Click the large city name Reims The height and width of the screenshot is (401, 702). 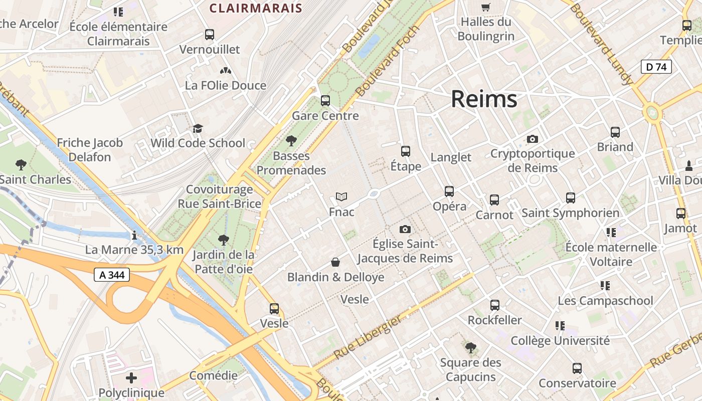(x=484, y=99)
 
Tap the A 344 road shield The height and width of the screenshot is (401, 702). (x=112, y=275)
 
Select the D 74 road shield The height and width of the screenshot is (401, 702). (x=656, y=67)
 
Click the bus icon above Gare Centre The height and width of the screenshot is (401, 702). (x=325, y=101)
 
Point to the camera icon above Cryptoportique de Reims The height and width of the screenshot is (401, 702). (x=532, y=139)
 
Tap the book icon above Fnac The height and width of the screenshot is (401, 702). (x=341, y=197)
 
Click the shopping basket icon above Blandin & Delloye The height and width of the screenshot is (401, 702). (x=335, y=262)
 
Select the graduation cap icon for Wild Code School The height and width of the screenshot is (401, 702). (x=198, y=129)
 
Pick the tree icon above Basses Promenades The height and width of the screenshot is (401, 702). (x=291, y=141)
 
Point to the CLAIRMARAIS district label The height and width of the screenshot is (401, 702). (x=256, y=8)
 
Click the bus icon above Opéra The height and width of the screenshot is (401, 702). (x=449, y=191)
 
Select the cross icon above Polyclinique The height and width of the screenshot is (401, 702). (x=131, y=377)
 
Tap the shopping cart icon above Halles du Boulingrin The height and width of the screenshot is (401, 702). (x=485, y=7)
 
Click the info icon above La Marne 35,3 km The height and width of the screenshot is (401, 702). (x=134, y=235)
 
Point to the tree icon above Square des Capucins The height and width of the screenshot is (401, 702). (x=470, y=347)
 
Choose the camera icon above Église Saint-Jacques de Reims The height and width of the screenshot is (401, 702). (x=405, y=230)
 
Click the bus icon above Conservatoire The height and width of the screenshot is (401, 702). (x=577, y=368)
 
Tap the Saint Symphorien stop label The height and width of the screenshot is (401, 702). (x=571, y=213)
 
